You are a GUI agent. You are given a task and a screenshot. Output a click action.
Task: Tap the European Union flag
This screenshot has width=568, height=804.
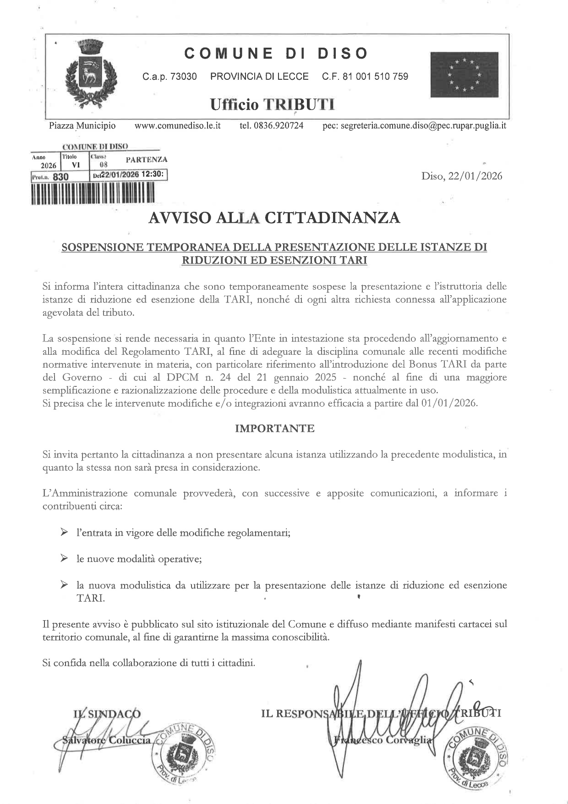pos(464,75)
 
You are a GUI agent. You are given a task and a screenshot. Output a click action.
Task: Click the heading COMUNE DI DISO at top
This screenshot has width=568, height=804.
pos(276,54)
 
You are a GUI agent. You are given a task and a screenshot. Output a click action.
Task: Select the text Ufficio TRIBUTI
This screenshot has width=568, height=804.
pos(272,105)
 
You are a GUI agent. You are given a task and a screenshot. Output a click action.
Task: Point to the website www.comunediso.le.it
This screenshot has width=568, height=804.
pos(178,126)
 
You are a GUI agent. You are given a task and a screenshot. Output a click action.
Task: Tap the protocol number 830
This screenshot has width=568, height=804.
pos(60,176)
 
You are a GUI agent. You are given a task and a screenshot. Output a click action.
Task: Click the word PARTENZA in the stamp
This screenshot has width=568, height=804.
pos(146,160)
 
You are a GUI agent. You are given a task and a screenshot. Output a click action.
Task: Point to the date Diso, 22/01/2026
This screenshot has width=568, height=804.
pos(462,176)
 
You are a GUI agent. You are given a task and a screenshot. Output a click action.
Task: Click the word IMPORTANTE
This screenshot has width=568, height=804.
pos(274,429)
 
